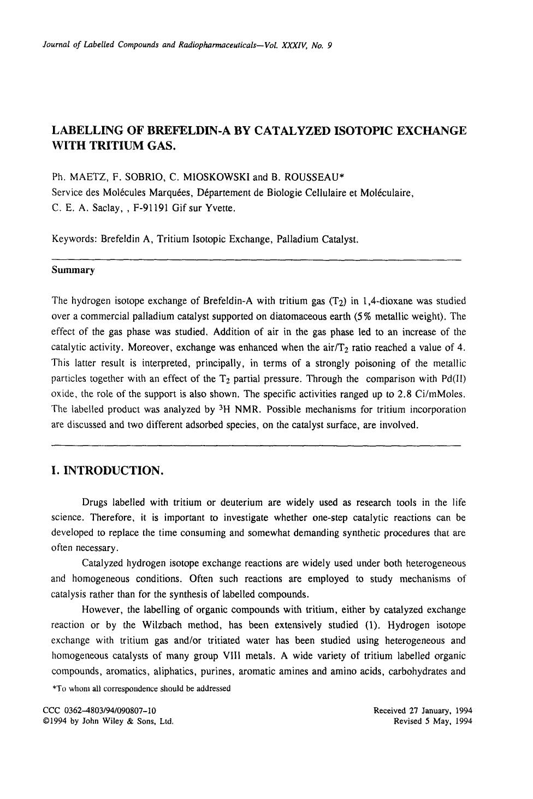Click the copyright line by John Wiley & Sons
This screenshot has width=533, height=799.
coord(108,721)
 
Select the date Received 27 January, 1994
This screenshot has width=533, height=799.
coord(423,711)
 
